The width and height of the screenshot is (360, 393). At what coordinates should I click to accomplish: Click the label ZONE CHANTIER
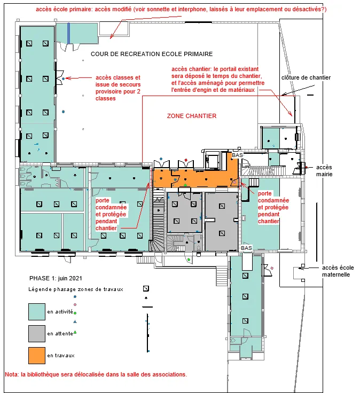tap(192, 116)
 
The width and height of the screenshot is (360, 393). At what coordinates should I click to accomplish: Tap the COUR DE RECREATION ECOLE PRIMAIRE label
tap(152, 54)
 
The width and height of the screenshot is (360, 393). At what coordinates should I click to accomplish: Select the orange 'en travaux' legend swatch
tap(37, 355)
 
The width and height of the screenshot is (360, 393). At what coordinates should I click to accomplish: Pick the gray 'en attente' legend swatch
tap(37, 334)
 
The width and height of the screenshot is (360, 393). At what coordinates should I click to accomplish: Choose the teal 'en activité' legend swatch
tap(37, 312)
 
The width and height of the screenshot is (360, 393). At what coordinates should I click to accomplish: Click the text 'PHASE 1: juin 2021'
tap(56, 278)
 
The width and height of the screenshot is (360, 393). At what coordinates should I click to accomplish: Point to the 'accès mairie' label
tap(324, 171)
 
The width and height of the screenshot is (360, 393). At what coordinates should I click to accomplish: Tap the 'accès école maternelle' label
tap(338, 271)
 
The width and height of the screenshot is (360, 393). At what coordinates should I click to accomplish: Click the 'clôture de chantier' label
tap(306, 77)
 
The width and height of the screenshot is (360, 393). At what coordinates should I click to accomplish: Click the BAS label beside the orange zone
tap(237, 155)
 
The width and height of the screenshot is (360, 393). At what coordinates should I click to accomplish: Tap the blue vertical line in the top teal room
tap(68, 33)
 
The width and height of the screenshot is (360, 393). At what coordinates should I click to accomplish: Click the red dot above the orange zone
tap(186, 160)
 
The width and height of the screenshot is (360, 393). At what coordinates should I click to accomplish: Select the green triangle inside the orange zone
tap(185, 185)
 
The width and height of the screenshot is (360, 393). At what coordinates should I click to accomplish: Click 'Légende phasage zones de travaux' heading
tap(76, 289)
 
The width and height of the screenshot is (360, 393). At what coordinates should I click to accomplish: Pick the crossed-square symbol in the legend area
tap(146, 288)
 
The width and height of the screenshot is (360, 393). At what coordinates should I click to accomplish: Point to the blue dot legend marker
tap(75, 297)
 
